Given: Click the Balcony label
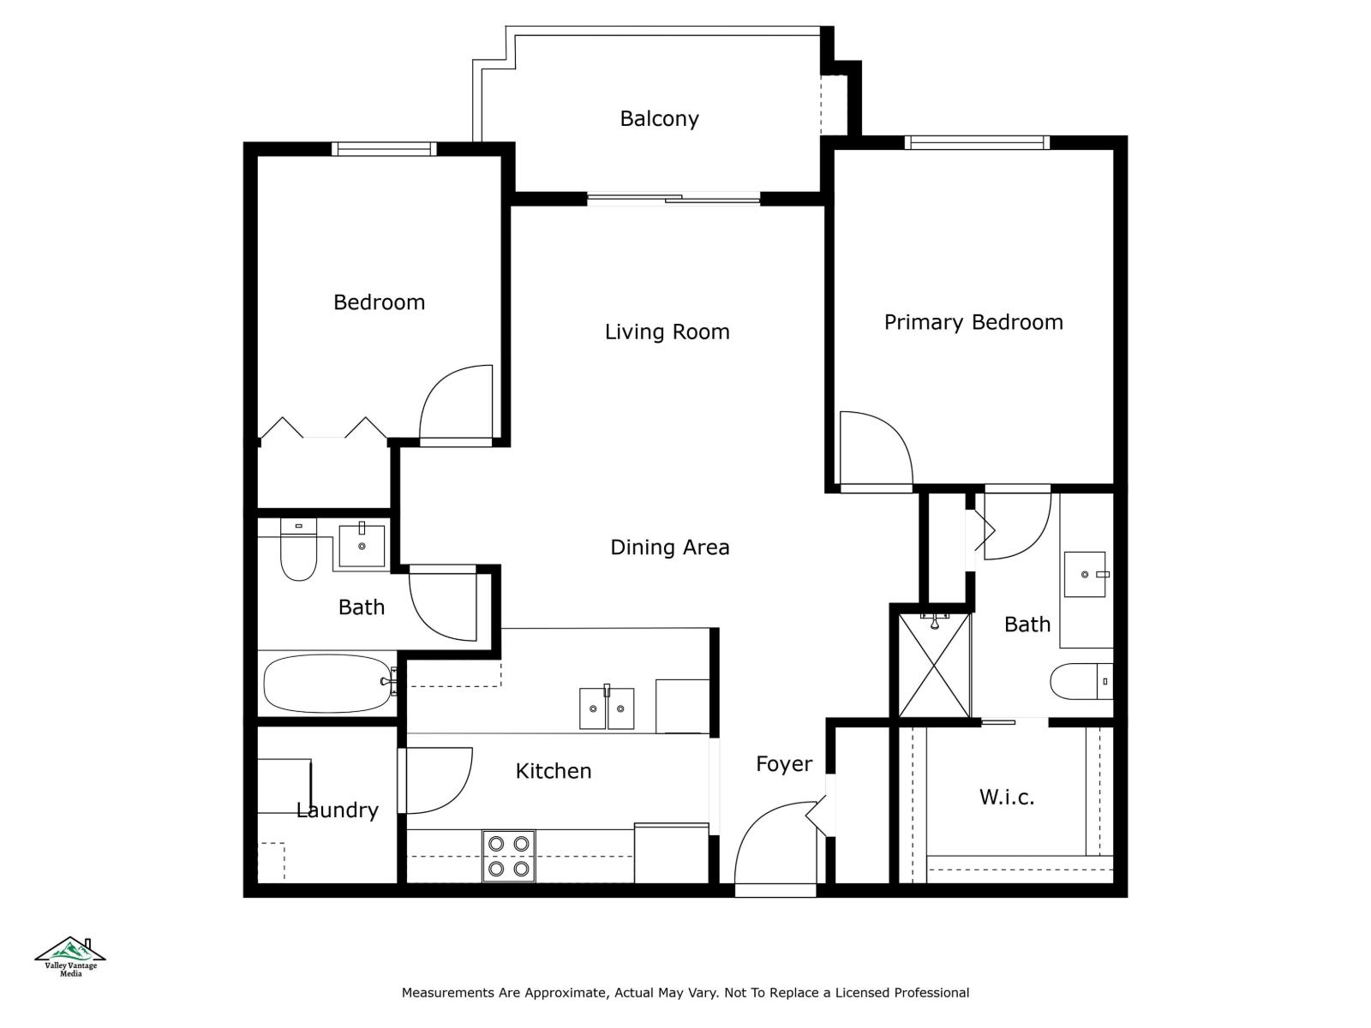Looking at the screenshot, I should click(659, 118).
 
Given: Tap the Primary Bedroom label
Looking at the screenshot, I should click(973, 322).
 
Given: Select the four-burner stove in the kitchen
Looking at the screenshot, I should click(508, 856).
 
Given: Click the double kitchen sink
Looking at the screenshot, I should click(607, 708).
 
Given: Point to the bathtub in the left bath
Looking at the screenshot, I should click(326, 684).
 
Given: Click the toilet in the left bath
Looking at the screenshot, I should click(298, 553).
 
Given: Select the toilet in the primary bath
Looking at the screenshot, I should click(1079, 682).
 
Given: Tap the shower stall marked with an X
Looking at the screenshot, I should click(934, 666).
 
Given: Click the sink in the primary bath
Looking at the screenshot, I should click(1085, 574).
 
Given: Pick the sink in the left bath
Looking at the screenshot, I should click(362, 546).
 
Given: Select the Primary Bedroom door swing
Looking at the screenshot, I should click(874, 450).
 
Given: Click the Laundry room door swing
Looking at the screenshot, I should click(438, 780).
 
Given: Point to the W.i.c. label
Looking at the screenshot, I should click(1007, 798).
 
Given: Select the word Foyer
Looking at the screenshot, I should click(784, 764).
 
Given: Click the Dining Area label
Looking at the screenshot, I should click(670, 547).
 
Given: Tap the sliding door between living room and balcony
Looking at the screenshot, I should click(674, 200).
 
